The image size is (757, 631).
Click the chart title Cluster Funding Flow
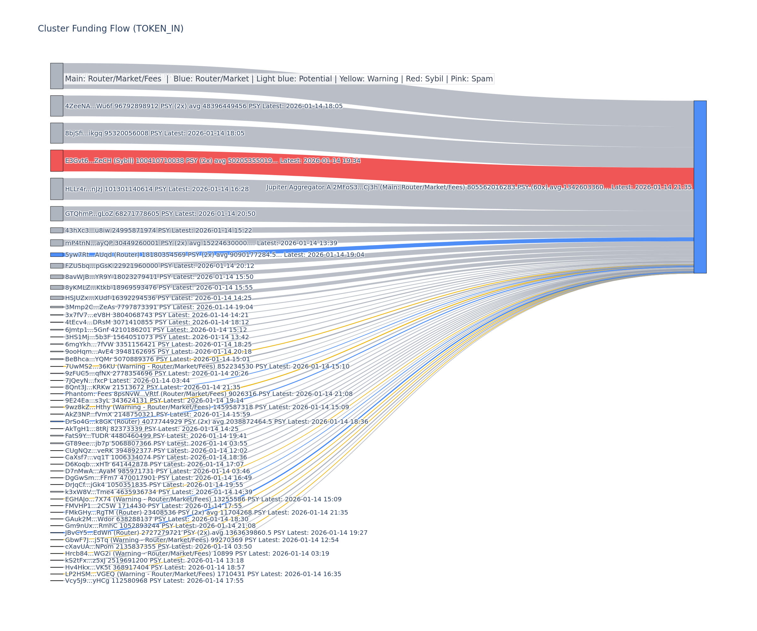(110, 28)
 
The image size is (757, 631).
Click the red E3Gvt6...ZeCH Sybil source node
(56, 161)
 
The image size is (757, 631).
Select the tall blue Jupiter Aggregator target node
(700, 187)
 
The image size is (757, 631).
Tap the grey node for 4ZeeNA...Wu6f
(56, 106)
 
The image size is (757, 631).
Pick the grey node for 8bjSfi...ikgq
(56, 133)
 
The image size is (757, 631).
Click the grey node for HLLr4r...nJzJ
(56, 189)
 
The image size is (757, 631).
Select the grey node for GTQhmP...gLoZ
(56, 214)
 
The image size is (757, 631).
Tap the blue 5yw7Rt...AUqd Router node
(56, 255)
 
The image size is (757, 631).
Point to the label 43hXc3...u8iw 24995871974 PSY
(158, 230)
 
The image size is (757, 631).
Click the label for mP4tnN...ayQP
(201, 243)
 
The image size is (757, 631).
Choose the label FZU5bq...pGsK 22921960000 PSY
(159, 266)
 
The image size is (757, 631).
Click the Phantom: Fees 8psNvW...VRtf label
(208, 394)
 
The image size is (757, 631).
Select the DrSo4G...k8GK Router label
(216, 422)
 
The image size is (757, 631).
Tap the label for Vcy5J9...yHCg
(154, 581)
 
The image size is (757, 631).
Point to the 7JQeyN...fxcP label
(127, 380)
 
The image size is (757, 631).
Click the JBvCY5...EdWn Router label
(216, 533)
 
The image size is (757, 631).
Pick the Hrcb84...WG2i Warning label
(197, 553)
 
